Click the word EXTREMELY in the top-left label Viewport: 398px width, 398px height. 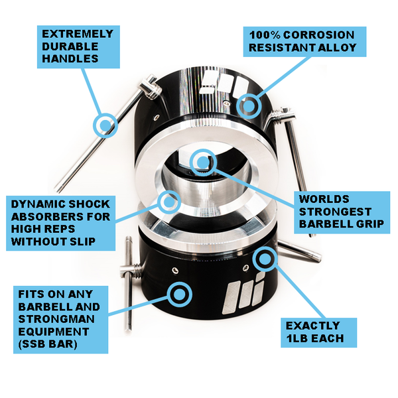pyautogui.click(x=78, y=34)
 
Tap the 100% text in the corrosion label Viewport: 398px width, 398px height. pyautogui.click(x=265, y=35)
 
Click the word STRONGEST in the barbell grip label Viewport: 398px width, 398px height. pyautogui.click(x=335, y=212)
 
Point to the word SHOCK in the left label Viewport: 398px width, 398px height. pyautogui.click(x=89, y=204)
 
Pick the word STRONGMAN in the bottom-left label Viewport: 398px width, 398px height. pyautogui.click(x=56, y=319)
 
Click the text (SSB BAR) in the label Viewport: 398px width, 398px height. pyautogui.click(x=48, y=344)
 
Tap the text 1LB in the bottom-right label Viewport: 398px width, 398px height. pyautogui.click(x=297, y=338)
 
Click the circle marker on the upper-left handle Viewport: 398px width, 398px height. pyautogui.click(x=105, y=125)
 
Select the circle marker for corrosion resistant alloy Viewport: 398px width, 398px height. pyautogui.click(x=249, y=106)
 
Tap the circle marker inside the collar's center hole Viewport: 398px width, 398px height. pyautogui.click(x=203, y=162)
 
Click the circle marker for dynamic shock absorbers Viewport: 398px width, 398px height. pyautogui.click(x=168, y=202)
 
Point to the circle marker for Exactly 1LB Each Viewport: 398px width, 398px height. pyautogui.click(x=265, y=259)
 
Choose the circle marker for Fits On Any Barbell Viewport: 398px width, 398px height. pyautogui.click(x=180, y=294)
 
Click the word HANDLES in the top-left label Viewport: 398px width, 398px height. pyautogui.click(x=70, y=58)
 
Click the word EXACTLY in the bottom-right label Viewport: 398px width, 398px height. pyautogui.click(x=312, y=326)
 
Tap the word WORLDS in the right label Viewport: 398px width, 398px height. pyautogui.click(x=324, y=199)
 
